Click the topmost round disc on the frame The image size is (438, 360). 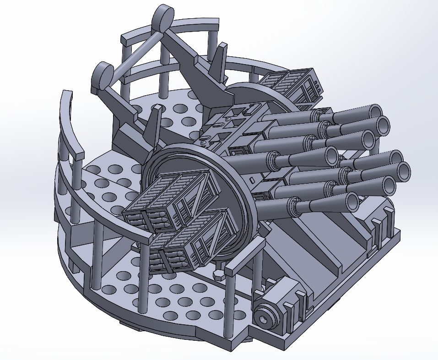(163, 17)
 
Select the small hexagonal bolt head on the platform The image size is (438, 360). (219, 274)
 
